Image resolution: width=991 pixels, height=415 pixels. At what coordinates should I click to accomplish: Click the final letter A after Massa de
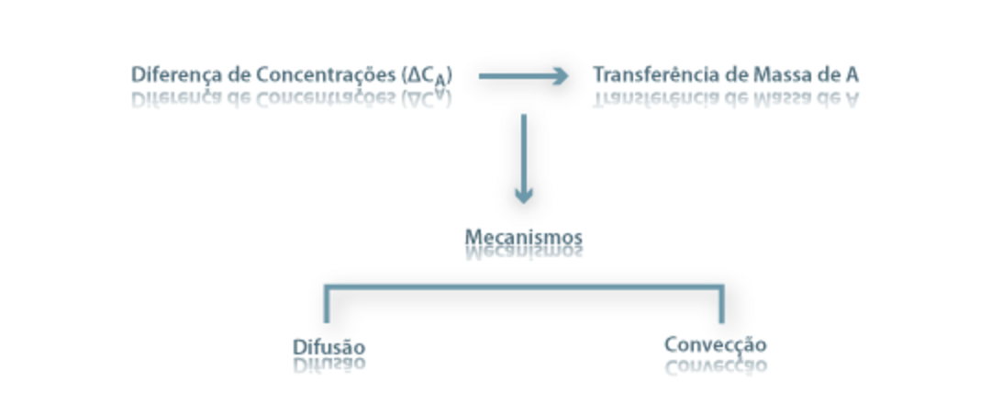[852, 74]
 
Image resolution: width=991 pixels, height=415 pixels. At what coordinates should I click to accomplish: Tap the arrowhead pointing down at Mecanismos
[523, 195]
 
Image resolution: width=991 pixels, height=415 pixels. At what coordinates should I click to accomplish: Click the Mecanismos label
[523, 238]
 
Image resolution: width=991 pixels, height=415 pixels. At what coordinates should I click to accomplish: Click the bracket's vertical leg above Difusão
[327, 307]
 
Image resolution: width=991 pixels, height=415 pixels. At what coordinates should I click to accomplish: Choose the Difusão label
[328, 347]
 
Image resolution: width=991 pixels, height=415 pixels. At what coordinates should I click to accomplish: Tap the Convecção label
[715, 345]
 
